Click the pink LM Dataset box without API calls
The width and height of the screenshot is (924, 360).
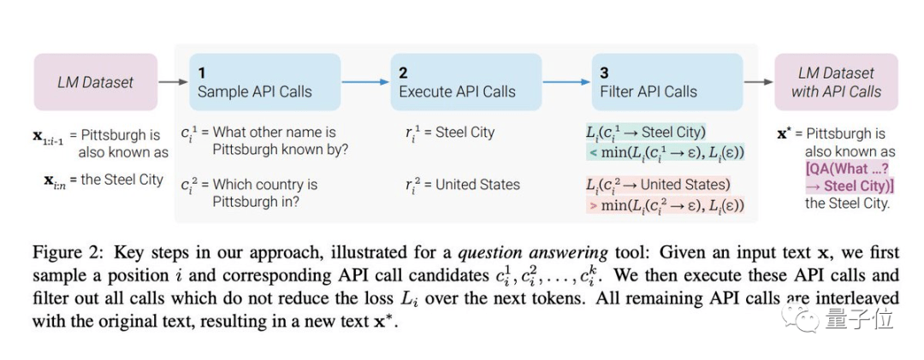[x=96, y=82]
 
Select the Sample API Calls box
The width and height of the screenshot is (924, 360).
[x=264, y=82]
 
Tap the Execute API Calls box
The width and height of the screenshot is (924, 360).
[x=465, y=82]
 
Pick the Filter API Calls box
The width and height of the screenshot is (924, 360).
[x=667, y=82]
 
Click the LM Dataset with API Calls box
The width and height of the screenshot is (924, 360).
[x=836, y=82]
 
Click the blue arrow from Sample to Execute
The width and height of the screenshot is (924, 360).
[x=365, y=82]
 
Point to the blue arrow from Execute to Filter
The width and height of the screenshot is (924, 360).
[x=566, y=82]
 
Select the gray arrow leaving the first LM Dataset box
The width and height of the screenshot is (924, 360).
[x=173, y=82]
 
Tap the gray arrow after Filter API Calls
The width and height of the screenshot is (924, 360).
[x=758, y=82]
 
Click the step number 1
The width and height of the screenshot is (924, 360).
[x=202, y=73]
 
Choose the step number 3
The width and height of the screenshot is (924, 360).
[x=605, y=73]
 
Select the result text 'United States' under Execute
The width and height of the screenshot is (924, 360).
[x=478, y=185]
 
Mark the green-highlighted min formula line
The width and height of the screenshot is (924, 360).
[x=666, y=153]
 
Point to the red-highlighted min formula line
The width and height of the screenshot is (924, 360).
[x=666, y=206]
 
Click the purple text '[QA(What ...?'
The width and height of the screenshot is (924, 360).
[x=847, y=169]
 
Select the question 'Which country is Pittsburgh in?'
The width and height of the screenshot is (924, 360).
[x=265, y=193]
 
